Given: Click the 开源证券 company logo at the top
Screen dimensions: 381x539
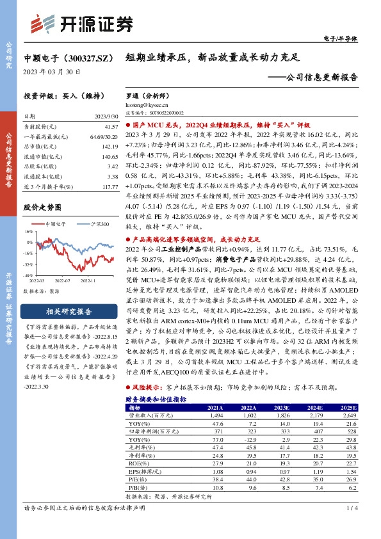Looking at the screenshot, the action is point(83,22).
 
